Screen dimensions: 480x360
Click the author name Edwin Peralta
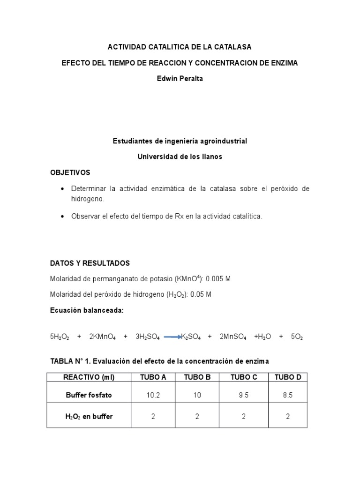(180, 78)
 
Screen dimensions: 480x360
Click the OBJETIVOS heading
(70, 172)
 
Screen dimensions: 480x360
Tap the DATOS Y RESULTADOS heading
(90, 263)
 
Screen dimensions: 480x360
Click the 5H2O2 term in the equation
(60, 337)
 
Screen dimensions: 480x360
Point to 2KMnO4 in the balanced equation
(103, 337)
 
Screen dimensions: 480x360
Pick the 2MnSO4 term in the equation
(232, 337)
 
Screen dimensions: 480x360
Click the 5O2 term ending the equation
(297, 337)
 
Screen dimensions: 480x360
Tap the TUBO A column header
(153, 377)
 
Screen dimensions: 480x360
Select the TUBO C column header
(243, 377)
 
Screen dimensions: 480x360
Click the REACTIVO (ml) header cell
(89, 377)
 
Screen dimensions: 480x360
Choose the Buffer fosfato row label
(89, 395)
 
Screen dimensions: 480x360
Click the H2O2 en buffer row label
(89, 416)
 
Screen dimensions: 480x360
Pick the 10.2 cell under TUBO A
(153, 395)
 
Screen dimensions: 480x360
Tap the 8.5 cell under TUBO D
(287, 395)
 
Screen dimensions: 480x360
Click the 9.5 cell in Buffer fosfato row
(243, 395)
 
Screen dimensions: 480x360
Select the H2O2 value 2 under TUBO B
(197, 416)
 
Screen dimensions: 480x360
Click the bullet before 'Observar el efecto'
(63, 217)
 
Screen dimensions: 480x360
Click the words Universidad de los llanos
(180, 157)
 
